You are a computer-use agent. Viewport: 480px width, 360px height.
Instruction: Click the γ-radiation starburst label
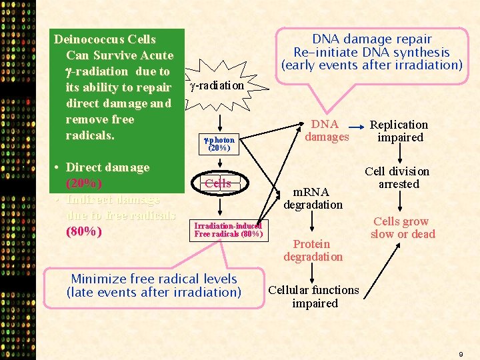217,86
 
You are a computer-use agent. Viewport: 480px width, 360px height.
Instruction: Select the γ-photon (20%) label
219,144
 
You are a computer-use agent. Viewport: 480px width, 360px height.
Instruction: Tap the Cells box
218,183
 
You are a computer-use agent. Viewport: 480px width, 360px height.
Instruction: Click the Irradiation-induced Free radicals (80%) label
229,230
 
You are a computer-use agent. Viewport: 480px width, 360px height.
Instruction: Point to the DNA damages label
327,131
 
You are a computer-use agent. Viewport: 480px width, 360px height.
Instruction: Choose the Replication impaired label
399,131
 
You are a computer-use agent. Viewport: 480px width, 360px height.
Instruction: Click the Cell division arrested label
398,178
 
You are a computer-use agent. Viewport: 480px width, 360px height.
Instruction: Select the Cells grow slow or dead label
402,228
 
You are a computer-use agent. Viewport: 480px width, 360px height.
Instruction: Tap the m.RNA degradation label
313,198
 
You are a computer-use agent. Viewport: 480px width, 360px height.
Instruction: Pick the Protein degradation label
313,251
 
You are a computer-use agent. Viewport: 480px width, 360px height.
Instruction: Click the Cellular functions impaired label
314,297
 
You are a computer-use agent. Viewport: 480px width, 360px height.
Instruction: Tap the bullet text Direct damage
107,167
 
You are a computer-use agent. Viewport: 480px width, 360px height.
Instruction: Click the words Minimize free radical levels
154,279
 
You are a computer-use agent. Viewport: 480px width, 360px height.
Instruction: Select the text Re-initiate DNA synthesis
371,52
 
